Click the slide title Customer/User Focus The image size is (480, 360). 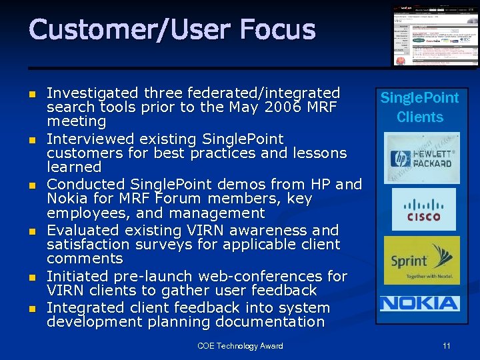pos(172,30)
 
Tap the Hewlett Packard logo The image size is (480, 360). pos(421,159)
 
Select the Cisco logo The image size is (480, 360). pos(423,209)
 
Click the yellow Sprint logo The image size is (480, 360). pos(421,260)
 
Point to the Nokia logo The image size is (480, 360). pos(419,303)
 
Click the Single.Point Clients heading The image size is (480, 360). pos(419,107)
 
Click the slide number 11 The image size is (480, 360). pos(446,346)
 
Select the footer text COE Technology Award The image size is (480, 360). pos(240,346)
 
